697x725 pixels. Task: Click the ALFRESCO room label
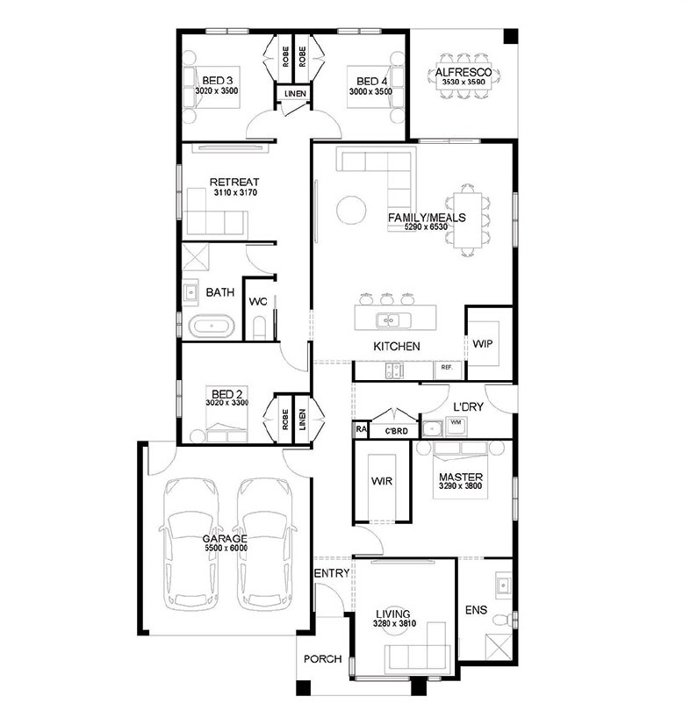[x=463, y=72]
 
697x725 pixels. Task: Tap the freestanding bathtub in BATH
[x=212, y=326]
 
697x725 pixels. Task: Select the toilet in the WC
[x=260, y=327]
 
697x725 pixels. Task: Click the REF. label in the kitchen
[x=446, y=368]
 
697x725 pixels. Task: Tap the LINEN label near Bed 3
[x=295, y=93]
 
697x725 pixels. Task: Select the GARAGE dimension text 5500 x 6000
[x=226, y=549]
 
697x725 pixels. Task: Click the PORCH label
[x=323, y=659]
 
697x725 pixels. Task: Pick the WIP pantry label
[x=483, y=343]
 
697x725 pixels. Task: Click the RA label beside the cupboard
[x=361, y=429]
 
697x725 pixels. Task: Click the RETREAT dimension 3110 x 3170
[x=235, y=192]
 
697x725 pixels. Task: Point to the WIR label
[x=382, y=481]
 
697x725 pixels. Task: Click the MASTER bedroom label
[x=461, y=477]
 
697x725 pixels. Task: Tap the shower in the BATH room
[x=196, y=257]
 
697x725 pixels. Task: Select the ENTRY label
[x=332, y=573]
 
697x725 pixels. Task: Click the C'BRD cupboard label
[x=397, y=431]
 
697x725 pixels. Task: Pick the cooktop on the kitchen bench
[x=394, y=370]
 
